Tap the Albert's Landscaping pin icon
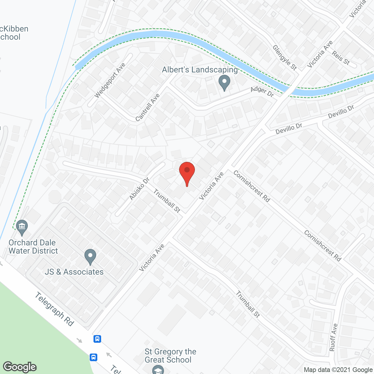(x=224, y=82)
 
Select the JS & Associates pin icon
(x=90, y=257)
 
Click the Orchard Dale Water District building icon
(x=22, y=227)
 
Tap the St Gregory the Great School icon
(x=158, y=369)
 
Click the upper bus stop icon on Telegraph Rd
(x=97, y=339)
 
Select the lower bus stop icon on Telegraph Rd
(x=93, y=357)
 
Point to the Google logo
(x=20, y=367)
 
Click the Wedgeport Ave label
(x=110, y=80)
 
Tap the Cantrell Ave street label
(x=148, y=108)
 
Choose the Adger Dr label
(x=262, y=91)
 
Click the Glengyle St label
(x=285, y=58)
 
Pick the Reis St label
(x=341, y=58)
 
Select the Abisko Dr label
(x=139, y=189)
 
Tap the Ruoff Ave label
(x=333, y=337)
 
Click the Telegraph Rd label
(x=54, y=309)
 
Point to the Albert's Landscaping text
(x=200, y=70)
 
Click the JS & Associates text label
(x=74, y=272)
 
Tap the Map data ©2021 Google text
(x=338, y=370)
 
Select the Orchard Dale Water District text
(x=33, y=247)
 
